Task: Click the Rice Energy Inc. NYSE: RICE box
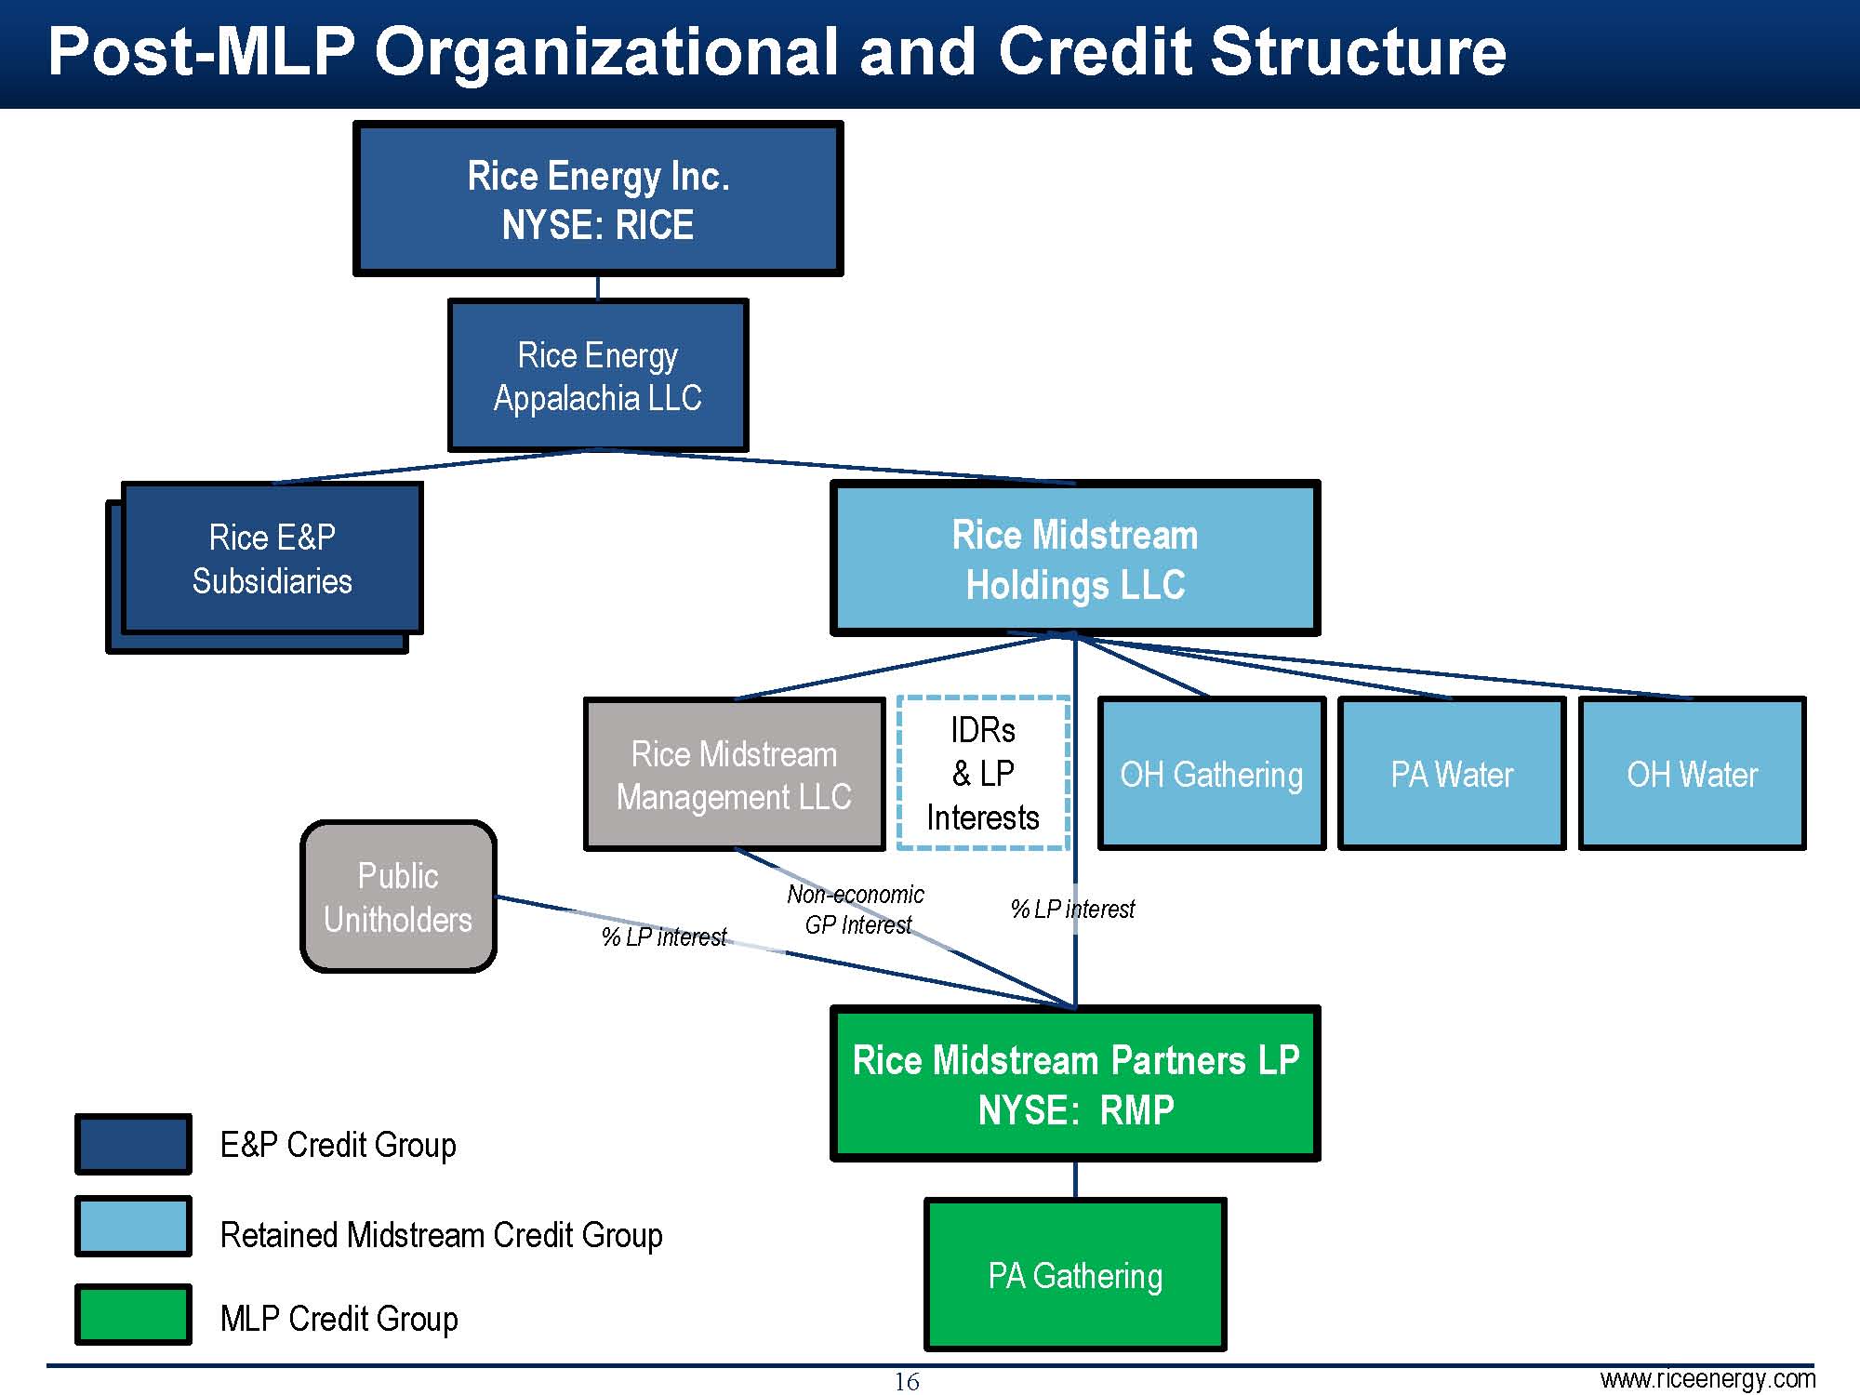(x=598, y=199)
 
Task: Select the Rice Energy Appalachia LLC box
(x=598, y=376)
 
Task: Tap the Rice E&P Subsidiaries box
(x=272, y=559)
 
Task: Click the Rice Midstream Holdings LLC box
(x=1075, y=559)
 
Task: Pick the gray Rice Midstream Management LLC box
(x=734, y=775)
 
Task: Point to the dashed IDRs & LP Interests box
(x=983, y=773)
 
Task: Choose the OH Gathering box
(x=1212, y=774)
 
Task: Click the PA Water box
(x=1452, y=774)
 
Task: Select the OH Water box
(x=1692, y=774)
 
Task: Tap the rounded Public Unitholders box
(x=398, y=897)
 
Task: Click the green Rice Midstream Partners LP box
(x=1075, y=1084)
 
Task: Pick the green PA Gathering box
(x=1075, y=1275)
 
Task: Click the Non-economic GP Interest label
(x=856, y=910)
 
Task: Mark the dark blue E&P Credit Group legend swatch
(x=133, y=1144)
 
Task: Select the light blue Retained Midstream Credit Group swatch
(x=133, y=1227)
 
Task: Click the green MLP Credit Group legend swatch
(x=133, y=1315)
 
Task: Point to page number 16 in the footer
(x=907, y=1382)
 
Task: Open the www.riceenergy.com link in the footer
(x=1707, y=1378)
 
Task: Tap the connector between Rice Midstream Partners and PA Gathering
(x=1076, y=1180)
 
